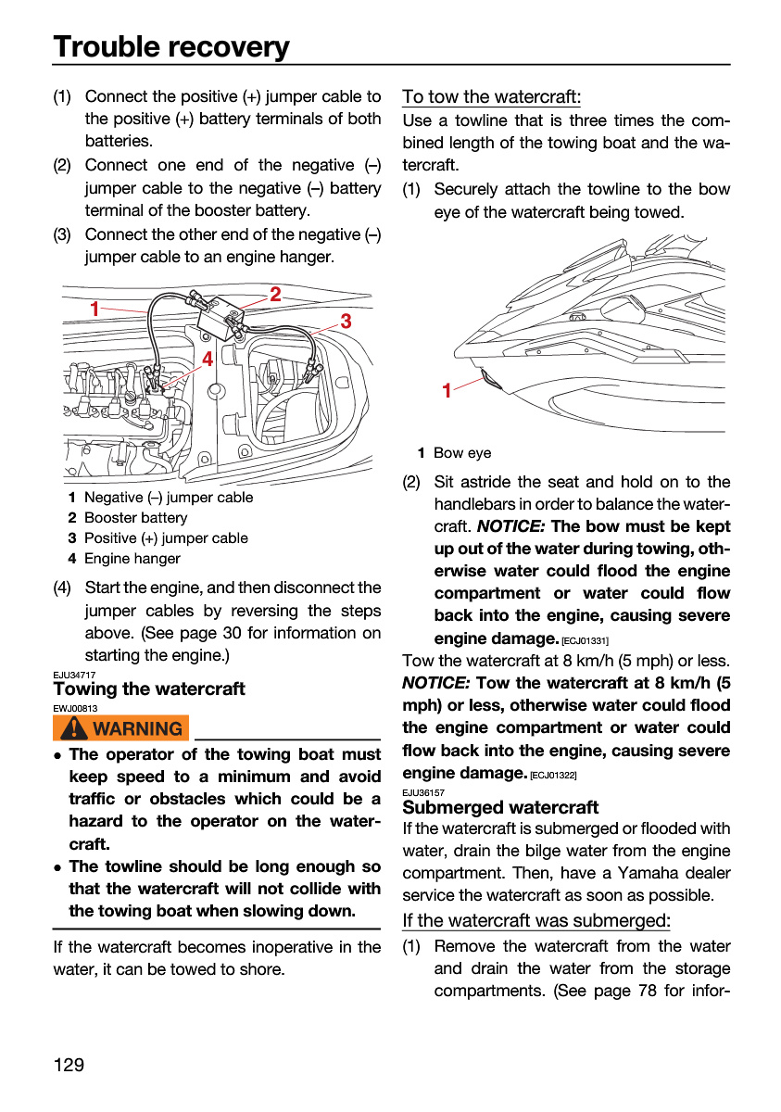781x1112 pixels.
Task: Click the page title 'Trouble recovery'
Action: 171,47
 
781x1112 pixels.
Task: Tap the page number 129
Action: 69,1065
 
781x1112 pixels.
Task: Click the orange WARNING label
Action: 120,727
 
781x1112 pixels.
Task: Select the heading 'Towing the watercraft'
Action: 149,689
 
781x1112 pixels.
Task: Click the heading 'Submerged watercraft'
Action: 500,807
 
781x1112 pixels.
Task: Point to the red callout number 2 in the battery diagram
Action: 275,295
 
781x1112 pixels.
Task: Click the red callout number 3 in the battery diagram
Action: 346,322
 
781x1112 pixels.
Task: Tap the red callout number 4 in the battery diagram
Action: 208,359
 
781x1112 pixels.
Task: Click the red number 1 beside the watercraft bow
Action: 447,391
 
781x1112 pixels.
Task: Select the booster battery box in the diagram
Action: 220,319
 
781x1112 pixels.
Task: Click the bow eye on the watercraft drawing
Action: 491,379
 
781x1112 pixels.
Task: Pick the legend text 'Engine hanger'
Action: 132,559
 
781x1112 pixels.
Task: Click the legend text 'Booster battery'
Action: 136,518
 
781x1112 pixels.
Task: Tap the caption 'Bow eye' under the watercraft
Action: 462,453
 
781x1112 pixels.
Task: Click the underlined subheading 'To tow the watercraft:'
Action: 491,96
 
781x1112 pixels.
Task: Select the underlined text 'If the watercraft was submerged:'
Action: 536,921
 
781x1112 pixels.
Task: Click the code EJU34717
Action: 74,675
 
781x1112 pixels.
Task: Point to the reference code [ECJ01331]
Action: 585,641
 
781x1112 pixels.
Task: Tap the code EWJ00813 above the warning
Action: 75,708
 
